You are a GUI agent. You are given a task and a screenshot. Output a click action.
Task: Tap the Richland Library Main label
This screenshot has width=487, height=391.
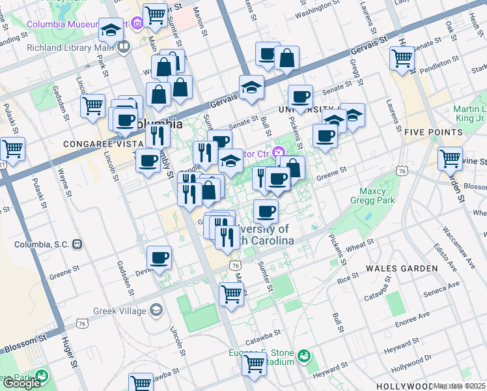click(65, 47)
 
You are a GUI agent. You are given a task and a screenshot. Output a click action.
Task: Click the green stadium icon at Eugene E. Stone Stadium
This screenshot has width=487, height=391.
click(303, 356)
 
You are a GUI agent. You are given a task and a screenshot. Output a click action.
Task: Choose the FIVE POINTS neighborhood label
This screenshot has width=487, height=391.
click(433, 132)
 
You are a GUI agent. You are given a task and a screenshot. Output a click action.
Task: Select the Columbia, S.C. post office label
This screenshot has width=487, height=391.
click(42, 244)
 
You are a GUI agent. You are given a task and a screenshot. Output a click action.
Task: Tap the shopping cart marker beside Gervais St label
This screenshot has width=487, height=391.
click(402, 59)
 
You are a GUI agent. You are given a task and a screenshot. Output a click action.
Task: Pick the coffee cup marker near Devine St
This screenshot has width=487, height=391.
click(159, 258)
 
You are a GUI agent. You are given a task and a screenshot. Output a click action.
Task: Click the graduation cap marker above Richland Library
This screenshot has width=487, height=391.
click(111, 31)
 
